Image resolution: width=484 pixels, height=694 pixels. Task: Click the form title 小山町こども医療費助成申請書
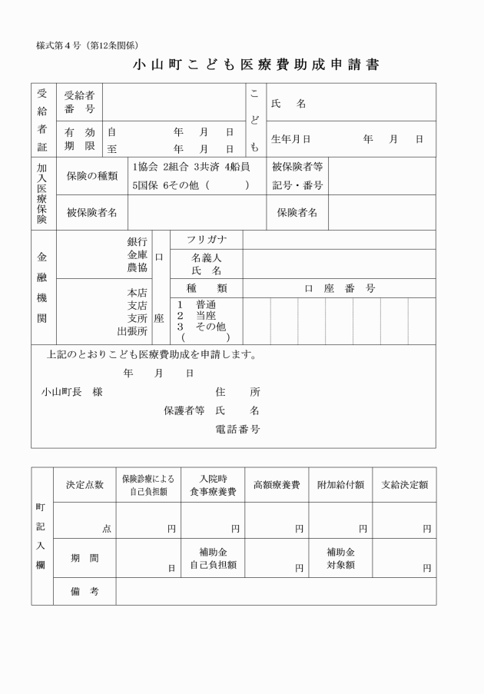257,65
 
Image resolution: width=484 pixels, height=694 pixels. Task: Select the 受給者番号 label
80,103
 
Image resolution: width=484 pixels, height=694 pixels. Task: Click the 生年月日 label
291,139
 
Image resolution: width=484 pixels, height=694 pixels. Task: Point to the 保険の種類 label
92,176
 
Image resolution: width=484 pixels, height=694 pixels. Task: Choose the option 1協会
144,167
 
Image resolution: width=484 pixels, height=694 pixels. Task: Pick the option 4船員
237,167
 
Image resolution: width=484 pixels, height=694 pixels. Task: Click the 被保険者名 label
92,212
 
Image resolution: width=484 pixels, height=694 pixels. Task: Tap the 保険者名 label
297,212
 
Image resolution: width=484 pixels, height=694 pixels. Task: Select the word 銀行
138,241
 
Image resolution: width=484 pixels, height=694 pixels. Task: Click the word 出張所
132,331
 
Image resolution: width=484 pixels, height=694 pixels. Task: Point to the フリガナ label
207,240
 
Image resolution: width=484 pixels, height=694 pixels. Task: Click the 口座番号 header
339,288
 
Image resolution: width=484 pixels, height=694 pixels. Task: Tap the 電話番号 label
237,429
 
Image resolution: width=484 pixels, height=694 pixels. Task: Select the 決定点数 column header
85,485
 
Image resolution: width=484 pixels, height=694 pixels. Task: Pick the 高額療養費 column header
277,485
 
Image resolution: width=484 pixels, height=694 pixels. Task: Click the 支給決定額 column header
404,485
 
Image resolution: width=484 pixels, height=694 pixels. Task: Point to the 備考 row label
85,591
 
